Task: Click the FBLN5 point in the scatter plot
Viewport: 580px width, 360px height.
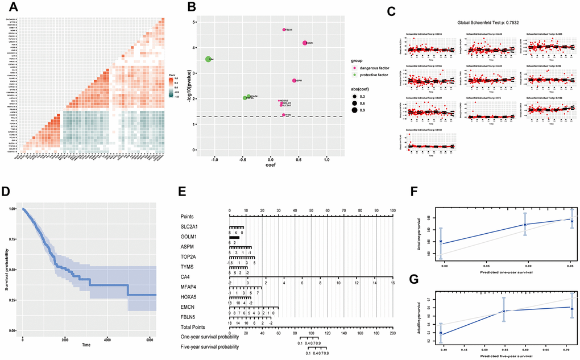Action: tap(284, 30)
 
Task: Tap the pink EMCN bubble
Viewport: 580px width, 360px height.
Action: tap(305, 43)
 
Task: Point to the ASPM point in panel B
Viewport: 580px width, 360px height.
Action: tap(294, 81)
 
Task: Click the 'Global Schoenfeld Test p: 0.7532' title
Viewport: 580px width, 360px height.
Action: tap(487, 23)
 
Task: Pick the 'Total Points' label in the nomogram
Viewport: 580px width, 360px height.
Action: tap(196, 328)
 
